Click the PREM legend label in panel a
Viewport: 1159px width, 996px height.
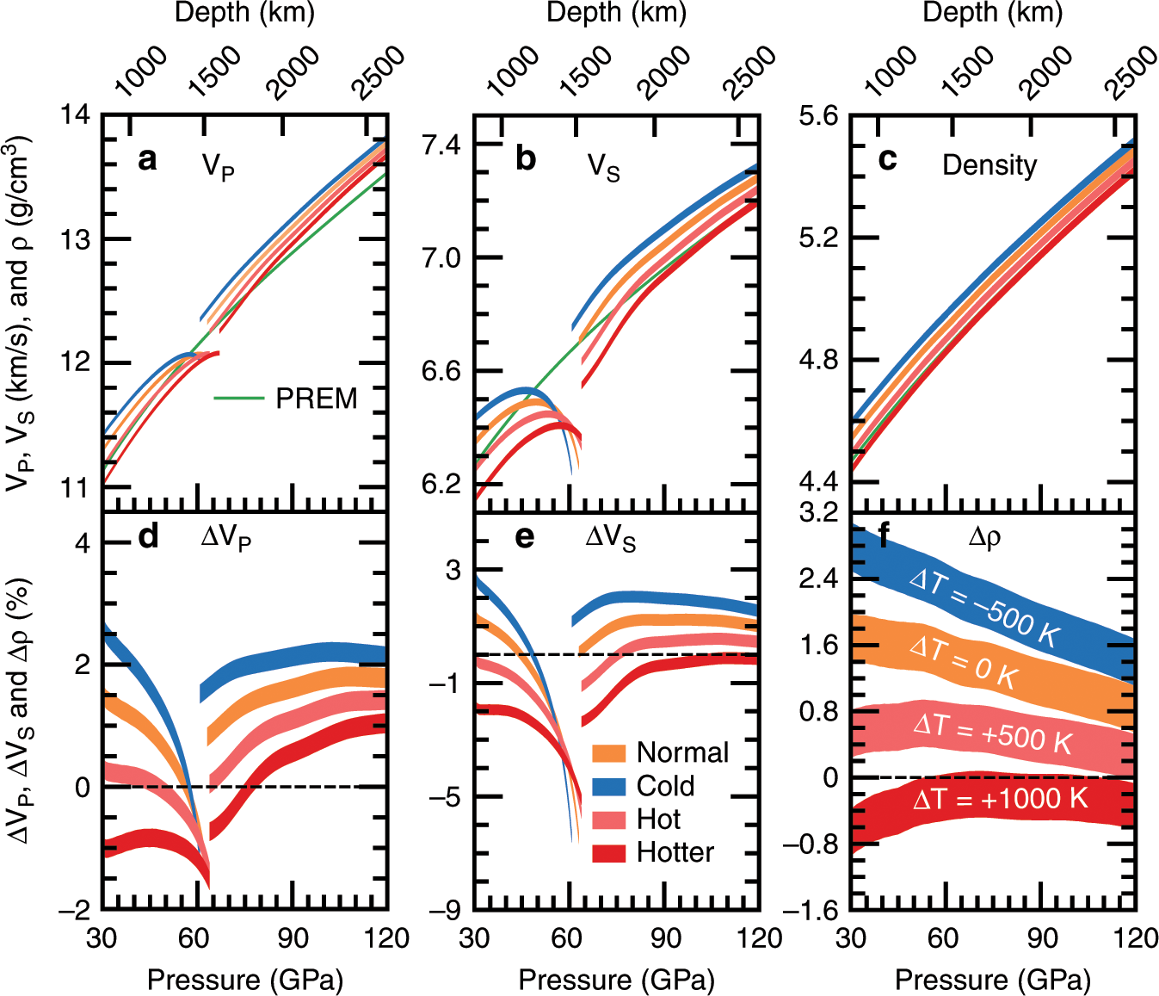point(316,399)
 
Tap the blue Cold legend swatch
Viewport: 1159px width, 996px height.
point(608,786)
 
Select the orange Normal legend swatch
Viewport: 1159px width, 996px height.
point(608,752)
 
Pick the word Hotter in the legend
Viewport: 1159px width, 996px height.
point(675,852)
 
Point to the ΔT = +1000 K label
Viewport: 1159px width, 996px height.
point(1000,799)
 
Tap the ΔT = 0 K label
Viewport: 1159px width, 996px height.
point(964,662)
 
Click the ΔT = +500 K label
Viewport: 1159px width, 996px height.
point(992,732)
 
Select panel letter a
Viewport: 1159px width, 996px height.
point(147,159)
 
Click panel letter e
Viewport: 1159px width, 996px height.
point(524,536)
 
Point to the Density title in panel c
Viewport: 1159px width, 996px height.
point(989,164)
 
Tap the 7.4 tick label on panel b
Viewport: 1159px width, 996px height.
point(441,144)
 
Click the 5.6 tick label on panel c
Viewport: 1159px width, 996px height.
point(818,115)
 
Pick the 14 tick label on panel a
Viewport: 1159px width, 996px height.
point(76,114)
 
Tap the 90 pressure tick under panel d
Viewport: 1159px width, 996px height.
point(293,938)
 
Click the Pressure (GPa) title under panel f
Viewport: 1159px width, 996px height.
point(993,980)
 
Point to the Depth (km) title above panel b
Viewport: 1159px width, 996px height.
point(616,13)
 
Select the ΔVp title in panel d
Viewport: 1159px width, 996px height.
point(225,538)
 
